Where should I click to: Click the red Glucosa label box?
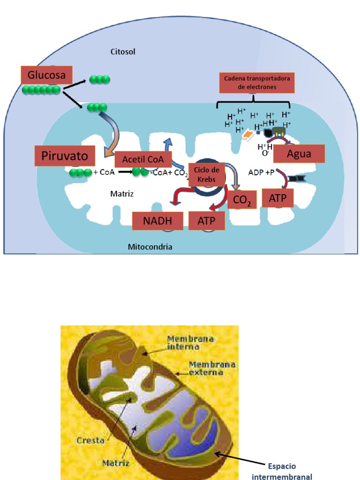click(x=46, y=75)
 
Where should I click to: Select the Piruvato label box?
click(x=65, y=156)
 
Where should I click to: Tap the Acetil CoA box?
click(x=143, y=159)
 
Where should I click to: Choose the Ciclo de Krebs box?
click(x=207, y=173)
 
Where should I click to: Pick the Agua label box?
click(x=299, y=153)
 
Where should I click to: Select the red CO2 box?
click(x=242, y=201)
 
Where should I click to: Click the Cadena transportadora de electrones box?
click(x=256, y=82)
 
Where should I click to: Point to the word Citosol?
click(x=123, y=52)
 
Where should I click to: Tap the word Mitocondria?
click(x=150, y=246)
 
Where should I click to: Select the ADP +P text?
click(x=262, y=172)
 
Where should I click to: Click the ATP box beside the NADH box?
click(x=206, y=221)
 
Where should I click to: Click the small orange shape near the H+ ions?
click(x=247, y=135)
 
